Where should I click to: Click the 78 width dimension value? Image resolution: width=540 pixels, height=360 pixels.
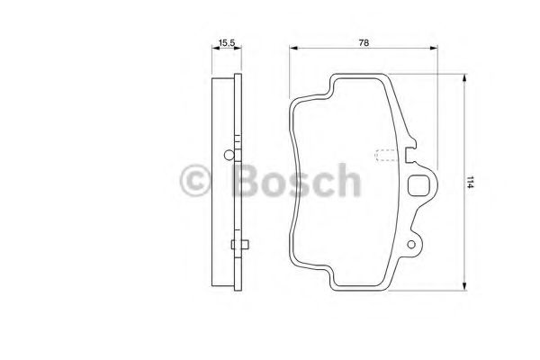(364, 41)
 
